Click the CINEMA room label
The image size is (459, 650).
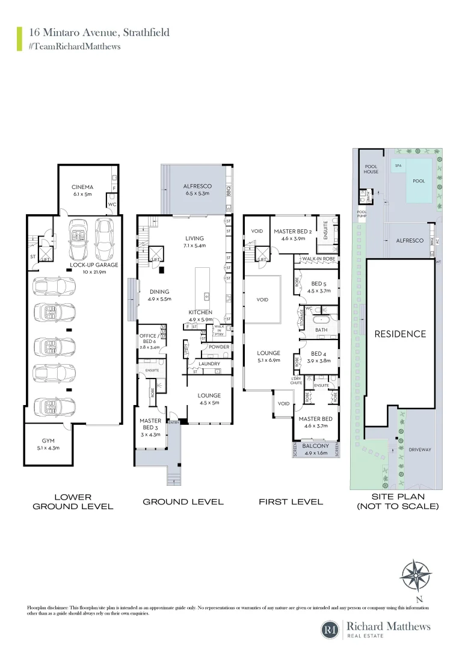click(x=82, y=187)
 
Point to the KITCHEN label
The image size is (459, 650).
click(x=200, y=312)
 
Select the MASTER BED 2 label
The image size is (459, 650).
click(x=292, y=231)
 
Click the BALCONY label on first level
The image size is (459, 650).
click(x=316, y=446)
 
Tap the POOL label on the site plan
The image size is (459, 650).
click(x=418, y=181)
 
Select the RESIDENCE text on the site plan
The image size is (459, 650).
click(x=400, y=334)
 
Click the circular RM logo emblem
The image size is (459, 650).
click(x=330, y=630)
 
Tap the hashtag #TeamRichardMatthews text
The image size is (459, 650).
click(x=74, y=46)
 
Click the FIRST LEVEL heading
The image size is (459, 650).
click(x=291, y=501)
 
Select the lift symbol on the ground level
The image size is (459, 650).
click(x=155, y=253)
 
